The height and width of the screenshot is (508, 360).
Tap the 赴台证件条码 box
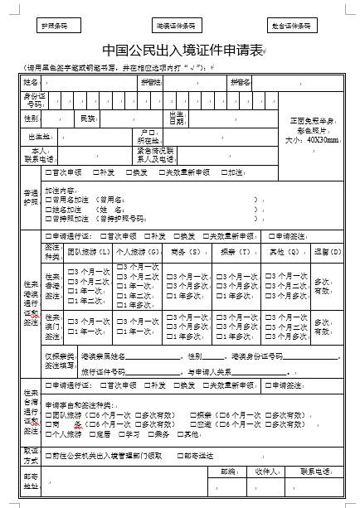click(294, 26)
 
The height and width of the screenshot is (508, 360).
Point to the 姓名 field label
click(31, 83)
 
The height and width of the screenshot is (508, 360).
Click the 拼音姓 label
click(150, 83)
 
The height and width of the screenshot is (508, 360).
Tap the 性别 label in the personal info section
click(31, 119)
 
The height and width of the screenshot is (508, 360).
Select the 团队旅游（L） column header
click(88, 250)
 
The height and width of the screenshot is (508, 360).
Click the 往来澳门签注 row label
click(52, 323)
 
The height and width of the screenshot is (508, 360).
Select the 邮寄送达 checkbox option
click(199, 455)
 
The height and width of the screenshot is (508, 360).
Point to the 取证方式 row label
click(31, 455)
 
